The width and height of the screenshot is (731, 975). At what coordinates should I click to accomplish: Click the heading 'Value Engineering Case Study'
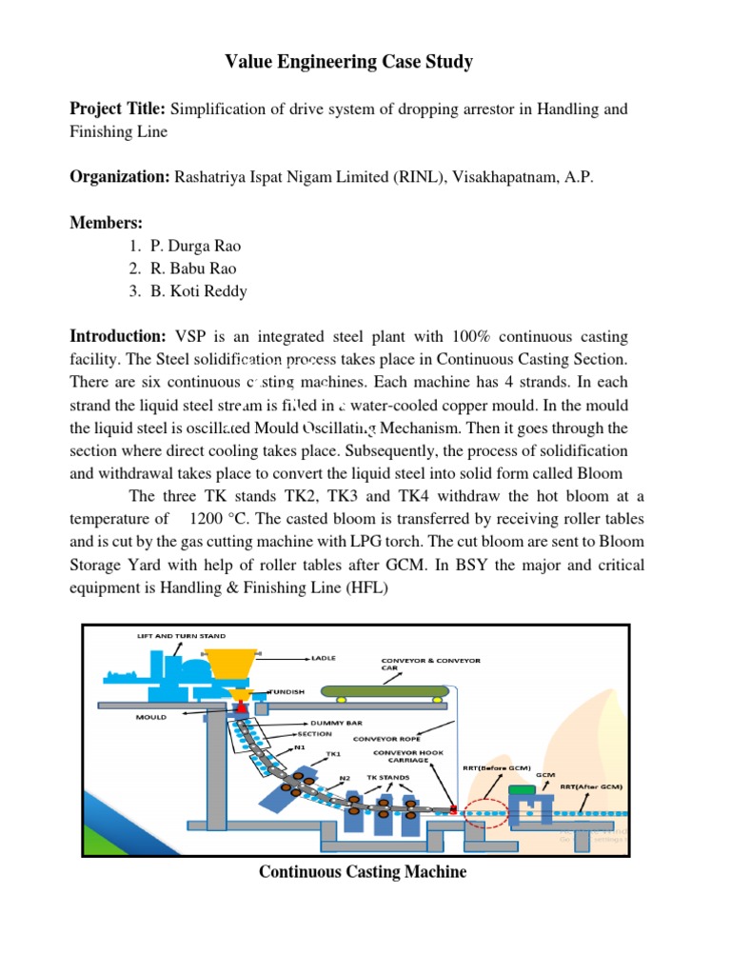click(348, 63)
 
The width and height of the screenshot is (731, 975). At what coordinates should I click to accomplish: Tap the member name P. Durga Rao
click(195, 246)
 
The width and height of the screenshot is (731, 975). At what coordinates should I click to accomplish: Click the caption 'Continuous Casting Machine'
click(363, 872)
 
